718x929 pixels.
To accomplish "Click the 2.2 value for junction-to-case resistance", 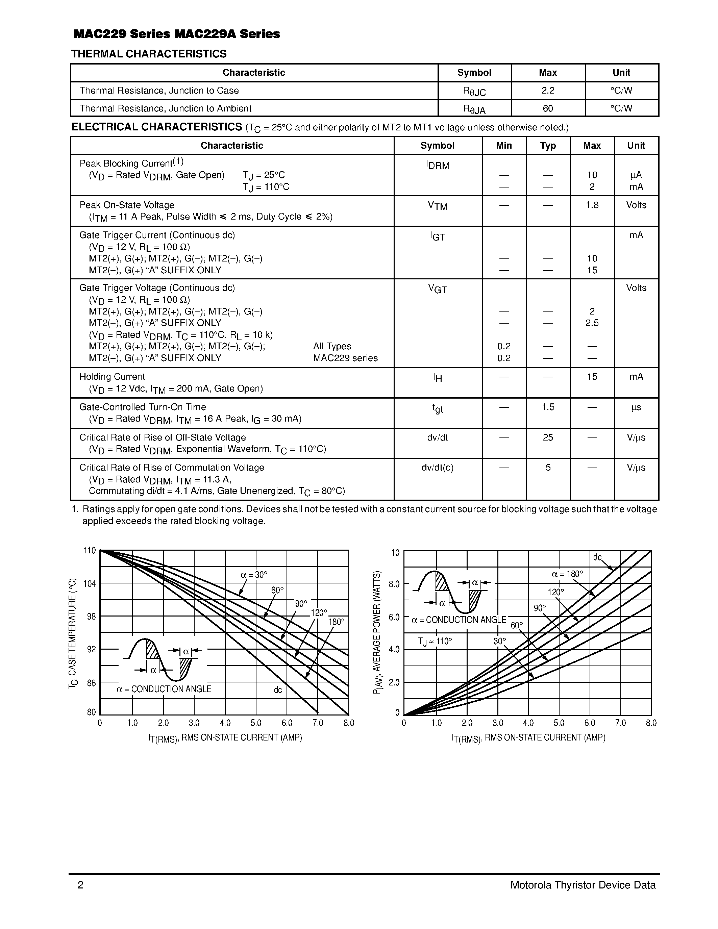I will coord(548,91).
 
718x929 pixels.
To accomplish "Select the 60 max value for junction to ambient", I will coord(548,108).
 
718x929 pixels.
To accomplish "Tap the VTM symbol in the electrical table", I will coord(437,206).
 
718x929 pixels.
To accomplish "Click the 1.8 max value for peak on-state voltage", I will coord(592,205).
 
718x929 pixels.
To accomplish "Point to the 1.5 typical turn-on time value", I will coord(548,407).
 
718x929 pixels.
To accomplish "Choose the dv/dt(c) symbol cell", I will coord(437,468).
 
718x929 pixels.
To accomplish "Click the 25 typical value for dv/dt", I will coord(548,437).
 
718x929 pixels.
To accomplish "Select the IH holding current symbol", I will coord(437,378).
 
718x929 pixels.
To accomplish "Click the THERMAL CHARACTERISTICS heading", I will coord(149,54).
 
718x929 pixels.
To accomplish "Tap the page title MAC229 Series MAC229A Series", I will coord(177,34).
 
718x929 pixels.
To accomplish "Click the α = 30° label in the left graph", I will coord(254,575).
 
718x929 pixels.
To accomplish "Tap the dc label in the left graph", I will coord(278,690).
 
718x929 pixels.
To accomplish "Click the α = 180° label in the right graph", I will coord(567,574).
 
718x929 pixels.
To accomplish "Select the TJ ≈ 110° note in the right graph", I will coord(435,642).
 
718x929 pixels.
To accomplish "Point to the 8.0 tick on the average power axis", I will coord(394,584).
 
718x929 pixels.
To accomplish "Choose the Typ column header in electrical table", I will coord(548,146).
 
